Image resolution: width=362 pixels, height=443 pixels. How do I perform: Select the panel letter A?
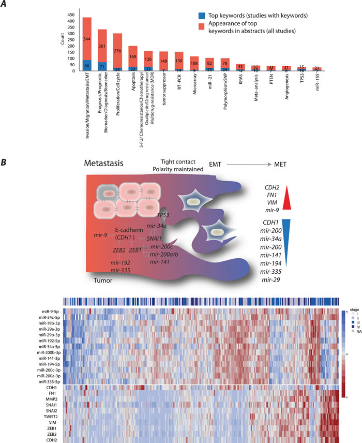click(x=5, y=4)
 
